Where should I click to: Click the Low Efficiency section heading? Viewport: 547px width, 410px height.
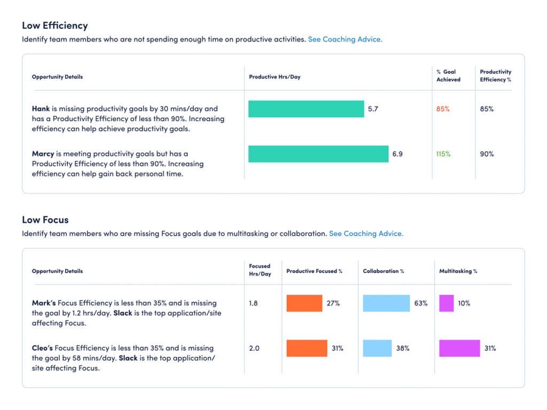click(54, 26)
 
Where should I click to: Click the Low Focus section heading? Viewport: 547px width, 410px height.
click(45, 220)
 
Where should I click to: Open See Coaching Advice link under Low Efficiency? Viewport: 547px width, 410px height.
click(345, 40)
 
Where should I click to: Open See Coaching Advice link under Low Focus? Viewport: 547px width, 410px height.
click(366, 234)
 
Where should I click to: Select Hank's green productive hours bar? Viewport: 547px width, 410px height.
click(306, 109)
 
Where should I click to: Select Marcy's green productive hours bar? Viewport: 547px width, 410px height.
click(318, 154)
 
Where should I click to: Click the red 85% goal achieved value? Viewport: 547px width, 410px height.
click(443, 109)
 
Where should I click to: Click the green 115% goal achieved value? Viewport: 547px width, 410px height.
click(443, 154)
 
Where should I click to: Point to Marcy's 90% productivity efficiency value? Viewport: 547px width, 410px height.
click(487, 154)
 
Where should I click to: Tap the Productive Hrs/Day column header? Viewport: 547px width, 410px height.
click(275, 77)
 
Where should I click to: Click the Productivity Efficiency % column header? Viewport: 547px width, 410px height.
click(495, 76)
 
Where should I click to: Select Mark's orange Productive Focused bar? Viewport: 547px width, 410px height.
click(304, 303)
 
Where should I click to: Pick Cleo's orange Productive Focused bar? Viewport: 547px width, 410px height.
click(307, 348)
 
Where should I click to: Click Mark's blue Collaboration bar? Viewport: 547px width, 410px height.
click(386, 303)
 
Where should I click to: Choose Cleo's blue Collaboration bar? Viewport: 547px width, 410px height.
click(377, 348)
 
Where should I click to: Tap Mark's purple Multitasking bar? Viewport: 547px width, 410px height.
click(446, 303)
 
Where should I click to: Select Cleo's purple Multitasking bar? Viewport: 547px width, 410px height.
click(459, 348)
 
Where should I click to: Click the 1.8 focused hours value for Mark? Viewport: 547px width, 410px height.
click(254, 303)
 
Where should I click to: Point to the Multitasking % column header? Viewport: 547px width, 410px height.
click(458, 271)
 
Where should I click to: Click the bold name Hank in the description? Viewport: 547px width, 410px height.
click(41, 109)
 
